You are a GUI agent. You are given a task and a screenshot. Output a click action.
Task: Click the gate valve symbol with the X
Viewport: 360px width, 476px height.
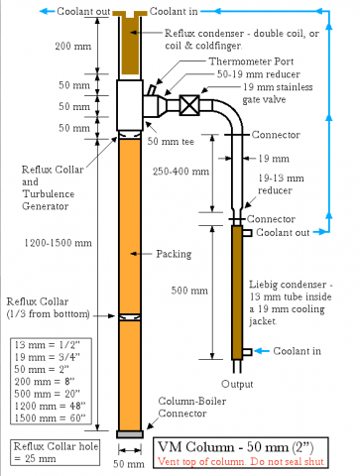(x=189, y=105)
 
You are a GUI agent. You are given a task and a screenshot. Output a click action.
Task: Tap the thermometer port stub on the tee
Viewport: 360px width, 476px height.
(x=152, y=90)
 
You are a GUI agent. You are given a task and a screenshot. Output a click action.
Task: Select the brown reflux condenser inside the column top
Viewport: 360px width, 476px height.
(x=130, y=43)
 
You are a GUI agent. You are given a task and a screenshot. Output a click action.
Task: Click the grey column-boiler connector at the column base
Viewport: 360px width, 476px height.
(x=130, y=434)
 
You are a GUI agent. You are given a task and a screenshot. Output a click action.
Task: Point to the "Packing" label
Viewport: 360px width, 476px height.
(x=174, y=254)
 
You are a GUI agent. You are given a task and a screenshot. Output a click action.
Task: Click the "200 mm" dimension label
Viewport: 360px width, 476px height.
(x=73, y=46)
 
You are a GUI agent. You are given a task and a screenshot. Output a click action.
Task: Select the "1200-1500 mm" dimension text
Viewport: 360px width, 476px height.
(x=58, y=243)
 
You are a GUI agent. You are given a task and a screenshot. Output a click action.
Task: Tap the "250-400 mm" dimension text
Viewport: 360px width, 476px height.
(x=180, y=172)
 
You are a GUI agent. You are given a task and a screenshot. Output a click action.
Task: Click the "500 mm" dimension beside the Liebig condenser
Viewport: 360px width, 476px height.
(x=189, y=291)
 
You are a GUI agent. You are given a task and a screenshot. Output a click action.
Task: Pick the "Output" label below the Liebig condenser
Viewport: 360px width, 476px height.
(x=237, y=384)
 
